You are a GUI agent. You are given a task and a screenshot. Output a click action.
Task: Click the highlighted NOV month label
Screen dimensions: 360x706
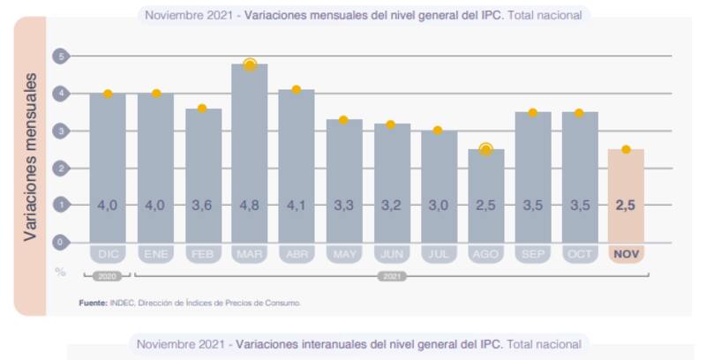[x=626, y=254]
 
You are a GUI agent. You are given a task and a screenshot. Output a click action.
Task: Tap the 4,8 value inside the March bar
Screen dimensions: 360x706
[x=250, y=205]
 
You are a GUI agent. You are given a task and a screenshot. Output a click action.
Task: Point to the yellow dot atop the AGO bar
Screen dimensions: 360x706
[x=485, y=149]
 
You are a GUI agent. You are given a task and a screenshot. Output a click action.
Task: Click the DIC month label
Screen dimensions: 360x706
[x=108, y=254]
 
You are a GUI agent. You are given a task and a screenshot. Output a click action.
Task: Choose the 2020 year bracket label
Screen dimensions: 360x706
[x=108, y=276]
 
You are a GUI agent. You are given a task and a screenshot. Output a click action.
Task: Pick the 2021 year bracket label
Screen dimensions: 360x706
[x=392, y=276]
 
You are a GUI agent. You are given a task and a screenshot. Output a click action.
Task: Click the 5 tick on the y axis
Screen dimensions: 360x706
[x=61, y=56]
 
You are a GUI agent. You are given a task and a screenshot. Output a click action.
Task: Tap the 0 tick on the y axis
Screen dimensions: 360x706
[x=61, y=241]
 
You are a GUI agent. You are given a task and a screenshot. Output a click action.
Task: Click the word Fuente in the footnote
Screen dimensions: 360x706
[x=93, y=303]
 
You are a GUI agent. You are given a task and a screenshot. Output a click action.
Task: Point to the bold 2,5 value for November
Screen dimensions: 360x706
[x=626, y=205]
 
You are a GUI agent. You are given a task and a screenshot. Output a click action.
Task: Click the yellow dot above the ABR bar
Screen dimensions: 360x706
[x=297, y=89]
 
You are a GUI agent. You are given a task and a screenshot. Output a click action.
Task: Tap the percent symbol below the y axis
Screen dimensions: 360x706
[x=61, y=272]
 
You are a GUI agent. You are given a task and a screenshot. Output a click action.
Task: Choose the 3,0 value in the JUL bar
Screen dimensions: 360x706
[x=439, y=205]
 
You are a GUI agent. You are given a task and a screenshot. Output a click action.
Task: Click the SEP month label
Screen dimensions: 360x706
[x=532, y=254]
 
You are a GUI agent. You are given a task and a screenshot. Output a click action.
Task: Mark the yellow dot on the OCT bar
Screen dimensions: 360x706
[x=579, y=113]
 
